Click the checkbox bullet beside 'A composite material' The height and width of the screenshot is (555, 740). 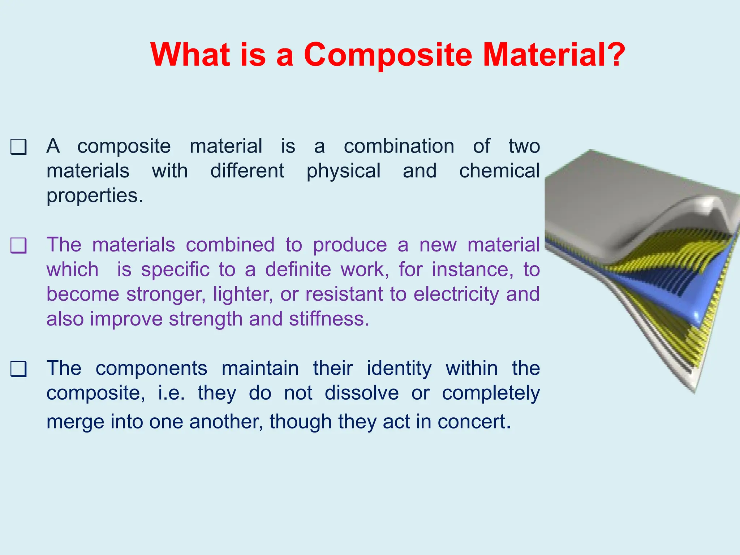[x=18, y=147]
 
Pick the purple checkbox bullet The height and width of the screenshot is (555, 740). [x=18, y=246]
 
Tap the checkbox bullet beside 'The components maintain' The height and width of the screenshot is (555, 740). [x=18, y=369]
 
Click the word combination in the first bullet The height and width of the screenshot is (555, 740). [x=399, y=146]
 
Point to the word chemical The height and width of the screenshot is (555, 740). [x=500, y=171]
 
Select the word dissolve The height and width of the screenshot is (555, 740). [x=362, y=393]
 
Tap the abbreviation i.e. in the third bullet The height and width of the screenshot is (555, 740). [x=172, y=393]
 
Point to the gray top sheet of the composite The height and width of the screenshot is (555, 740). [x=621, y=202]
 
